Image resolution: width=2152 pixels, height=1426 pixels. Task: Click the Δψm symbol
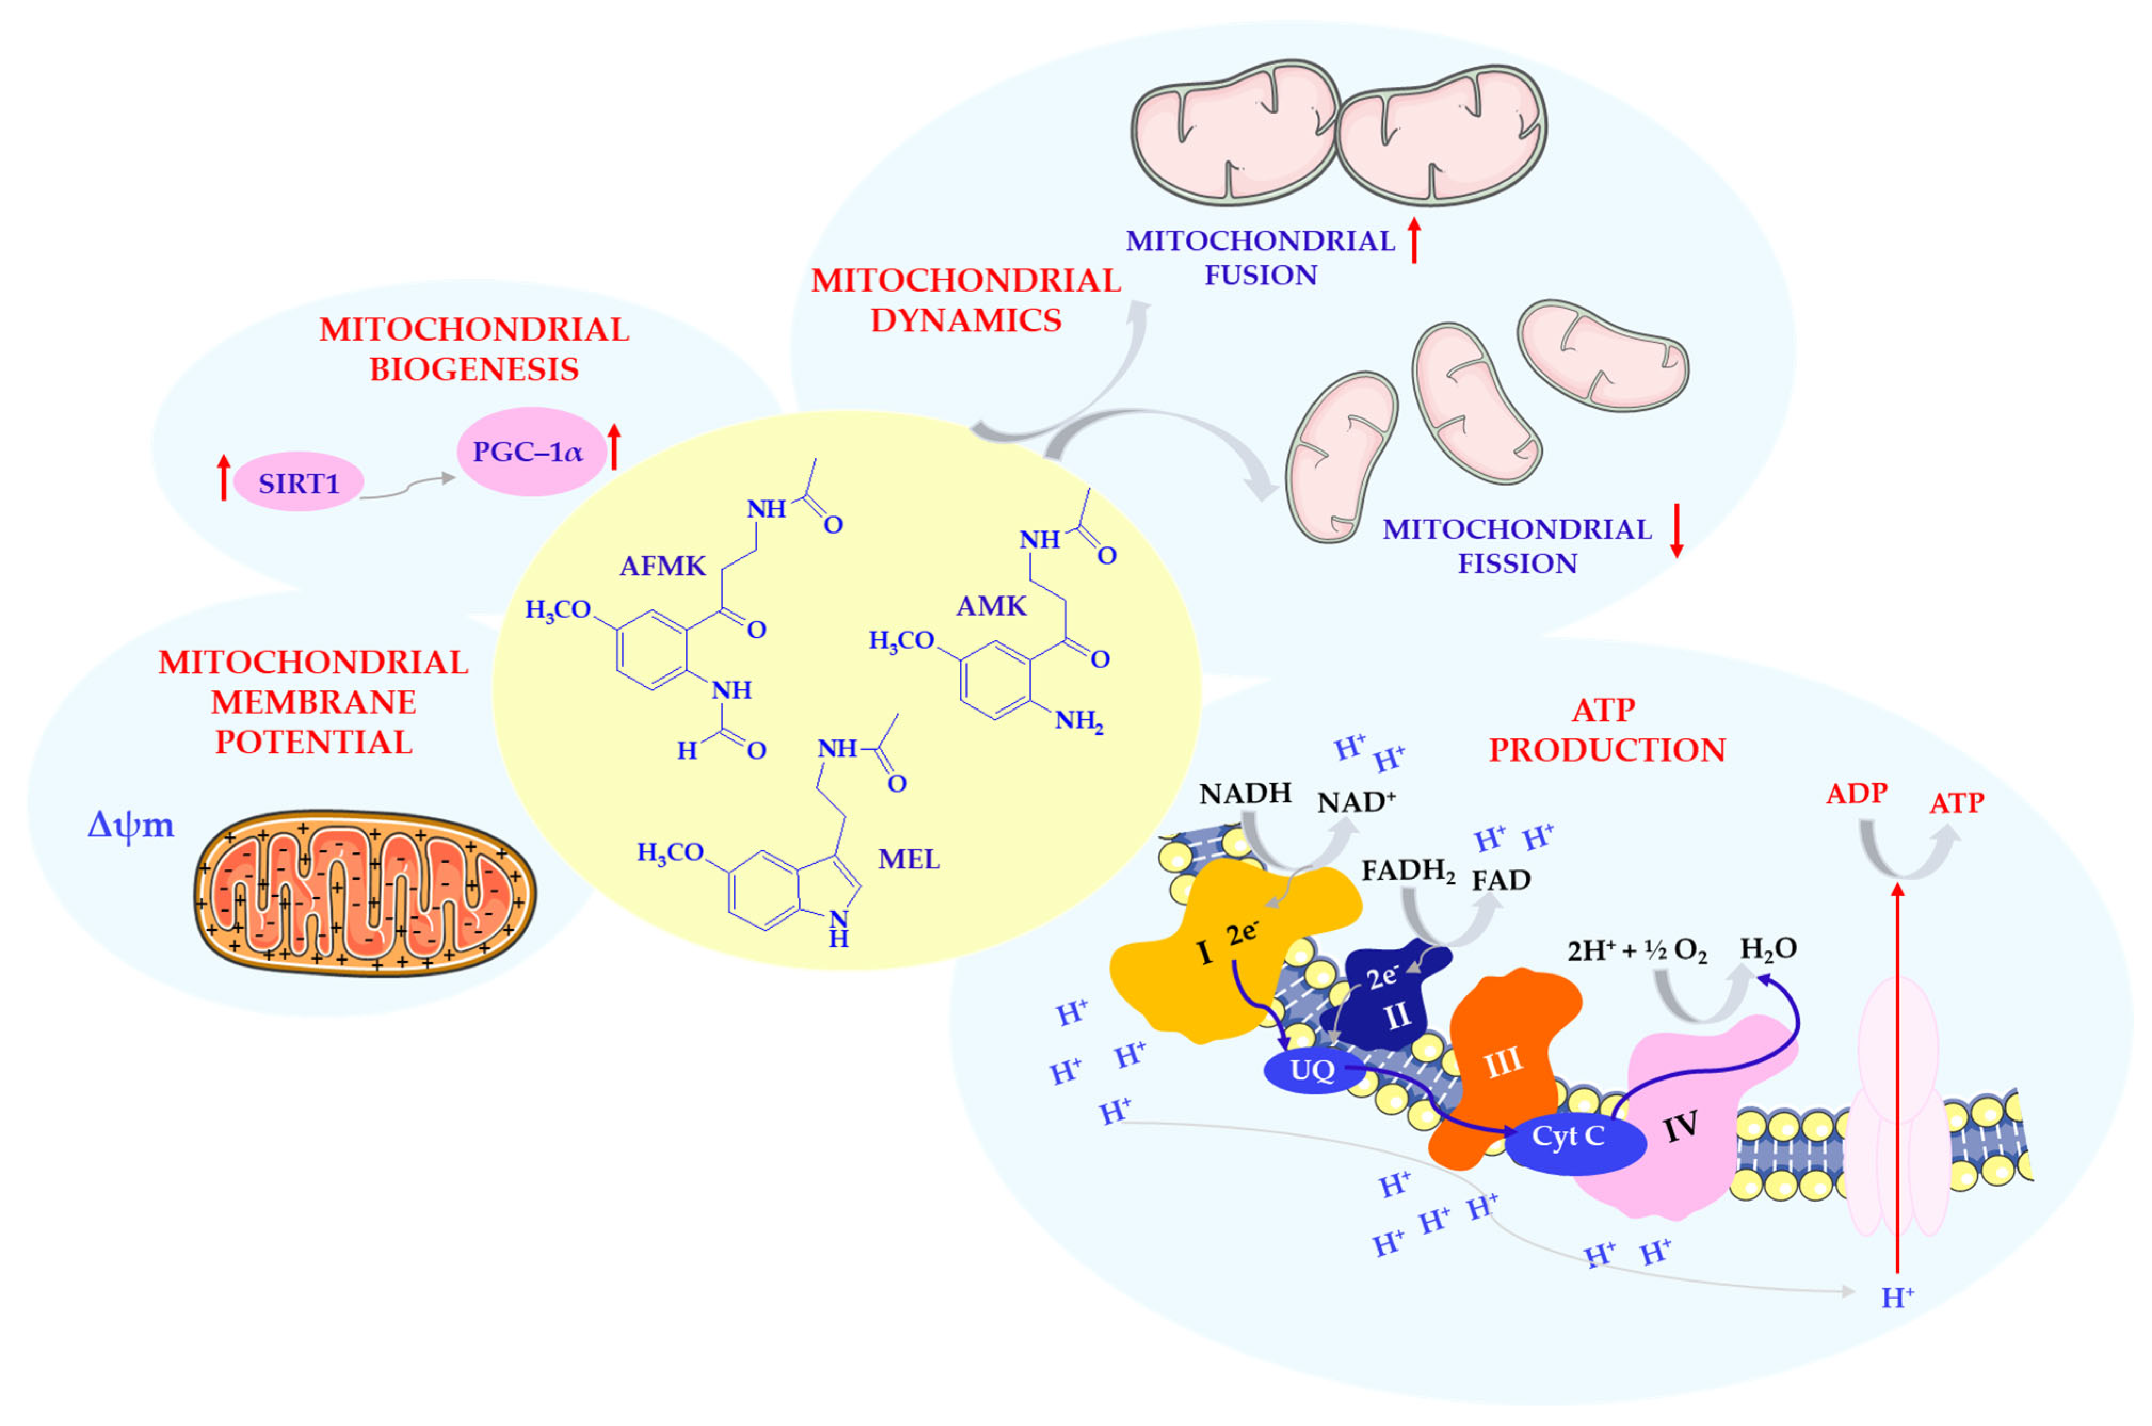[130, 825]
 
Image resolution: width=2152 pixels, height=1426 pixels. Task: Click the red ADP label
[1857, 794]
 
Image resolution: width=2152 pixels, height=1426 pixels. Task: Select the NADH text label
[1245, 794]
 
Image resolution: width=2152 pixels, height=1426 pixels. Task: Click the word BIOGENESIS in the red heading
[474, 369]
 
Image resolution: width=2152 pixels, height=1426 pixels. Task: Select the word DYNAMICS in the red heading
[965, 320]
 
